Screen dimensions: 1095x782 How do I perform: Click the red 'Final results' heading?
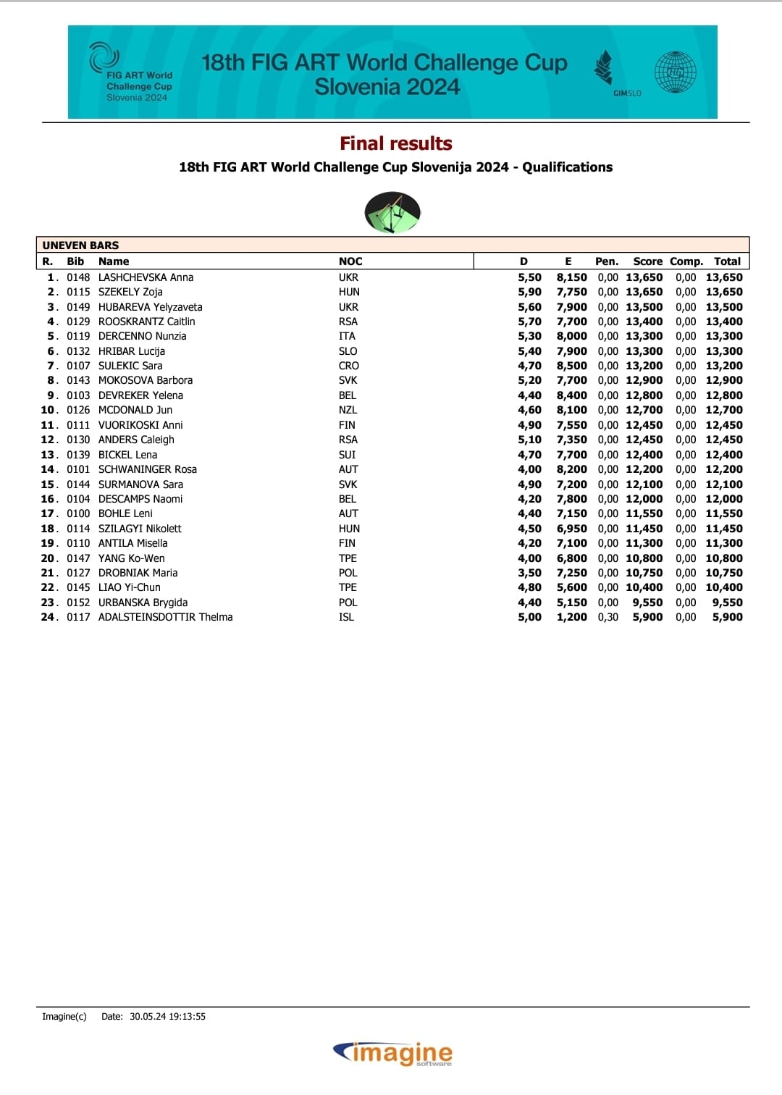point(396,143)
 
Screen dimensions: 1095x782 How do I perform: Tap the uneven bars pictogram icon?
point(392,212)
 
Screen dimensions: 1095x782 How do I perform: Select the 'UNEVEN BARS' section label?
point(80,245)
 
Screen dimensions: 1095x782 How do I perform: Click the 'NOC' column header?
point(350,261)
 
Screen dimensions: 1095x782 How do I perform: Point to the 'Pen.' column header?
point(607,261)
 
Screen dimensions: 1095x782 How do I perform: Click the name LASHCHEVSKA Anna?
point(146,277)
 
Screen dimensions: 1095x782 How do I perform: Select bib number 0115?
point(78,292)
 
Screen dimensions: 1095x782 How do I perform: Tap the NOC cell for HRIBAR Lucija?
point(348,351)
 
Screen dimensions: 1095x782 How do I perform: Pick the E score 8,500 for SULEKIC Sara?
point(571,366)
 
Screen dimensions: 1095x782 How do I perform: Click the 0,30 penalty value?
point(607,617)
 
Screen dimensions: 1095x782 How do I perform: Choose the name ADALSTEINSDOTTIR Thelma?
point(165,617)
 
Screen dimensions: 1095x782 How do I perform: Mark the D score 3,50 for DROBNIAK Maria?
point(529,573)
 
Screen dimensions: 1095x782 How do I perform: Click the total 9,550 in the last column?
point(727,603)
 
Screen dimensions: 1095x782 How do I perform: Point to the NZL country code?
point(348,410)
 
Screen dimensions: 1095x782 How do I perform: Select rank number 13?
point(48,455)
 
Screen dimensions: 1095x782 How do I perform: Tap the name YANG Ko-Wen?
point(131,558)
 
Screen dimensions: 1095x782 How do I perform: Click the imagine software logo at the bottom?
point(392,1053)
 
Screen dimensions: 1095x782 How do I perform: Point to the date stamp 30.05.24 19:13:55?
point(167,1017)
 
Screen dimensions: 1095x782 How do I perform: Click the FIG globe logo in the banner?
point(675,72)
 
